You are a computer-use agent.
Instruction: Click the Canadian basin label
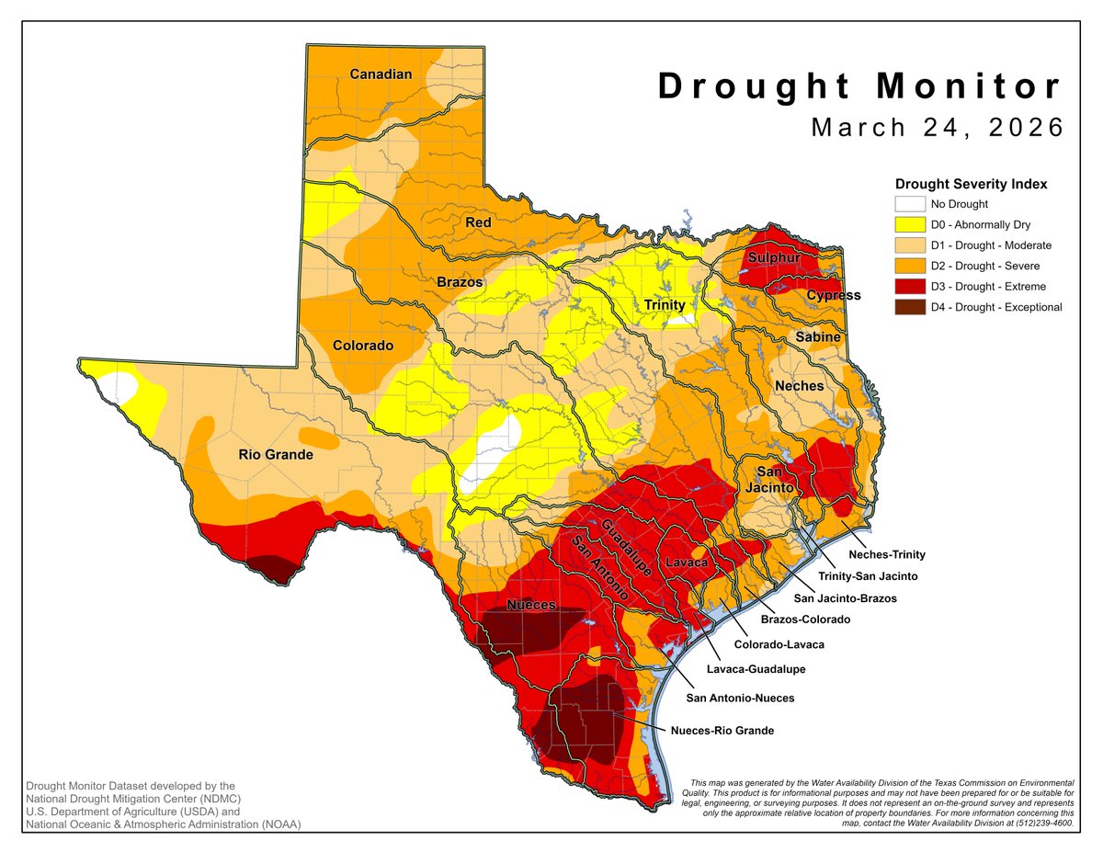tap(381, 74)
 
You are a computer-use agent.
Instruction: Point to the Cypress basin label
tap(833, 295)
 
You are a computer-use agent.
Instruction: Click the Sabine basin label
tap(817, 337)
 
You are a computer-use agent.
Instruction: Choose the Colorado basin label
tap(362, 346)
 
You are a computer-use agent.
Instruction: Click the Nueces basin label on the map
tap(531, 605)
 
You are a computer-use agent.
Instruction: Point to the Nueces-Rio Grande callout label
tap(722, 731)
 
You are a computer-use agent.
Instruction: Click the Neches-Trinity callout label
tap(886, 554)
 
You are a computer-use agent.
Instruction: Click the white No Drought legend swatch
tap(910, 205)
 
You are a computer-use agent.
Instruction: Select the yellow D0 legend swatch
tap(910, 225)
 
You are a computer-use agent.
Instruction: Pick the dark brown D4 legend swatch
tap(910, 307)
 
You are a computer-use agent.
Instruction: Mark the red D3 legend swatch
tap(910, 287)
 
